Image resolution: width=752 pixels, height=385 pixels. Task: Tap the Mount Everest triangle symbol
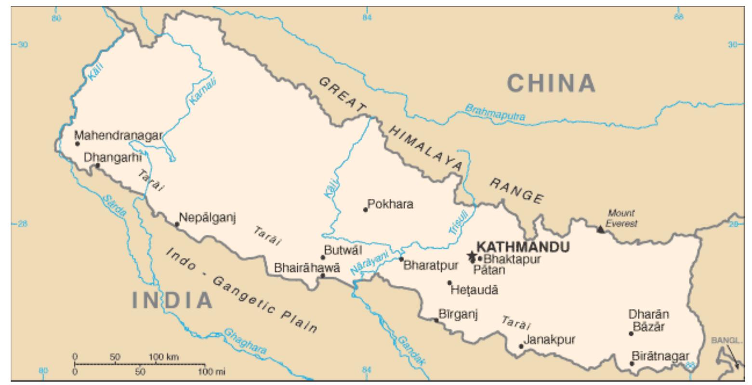coord(600,230)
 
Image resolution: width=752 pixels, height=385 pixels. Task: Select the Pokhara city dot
coord(365,209)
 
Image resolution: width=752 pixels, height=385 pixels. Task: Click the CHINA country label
coord(552,83)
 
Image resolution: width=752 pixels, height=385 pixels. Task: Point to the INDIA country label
coord(172,300)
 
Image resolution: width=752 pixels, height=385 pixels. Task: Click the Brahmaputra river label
coord(495,113)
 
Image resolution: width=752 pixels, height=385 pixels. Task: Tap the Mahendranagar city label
coord(118,135)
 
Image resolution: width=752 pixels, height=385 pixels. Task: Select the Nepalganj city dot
coord(177,224)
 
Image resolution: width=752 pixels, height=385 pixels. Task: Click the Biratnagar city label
coord(660,356)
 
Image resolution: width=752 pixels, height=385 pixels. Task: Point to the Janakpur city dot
coord(521,346)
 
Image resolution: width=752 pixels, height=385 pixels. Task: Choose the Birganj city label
coord(458,314)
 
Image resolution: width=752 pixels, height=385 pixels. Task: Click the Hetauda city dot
coord(449,283)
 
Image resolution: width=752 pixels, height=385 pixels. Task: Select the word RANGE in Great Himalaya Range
coord(517,191)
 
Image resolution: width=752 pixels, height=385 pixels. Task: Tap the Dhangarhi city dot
coord(97,166)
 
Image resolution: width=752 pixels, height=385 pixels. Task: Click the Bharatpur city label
coord(430,265)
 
